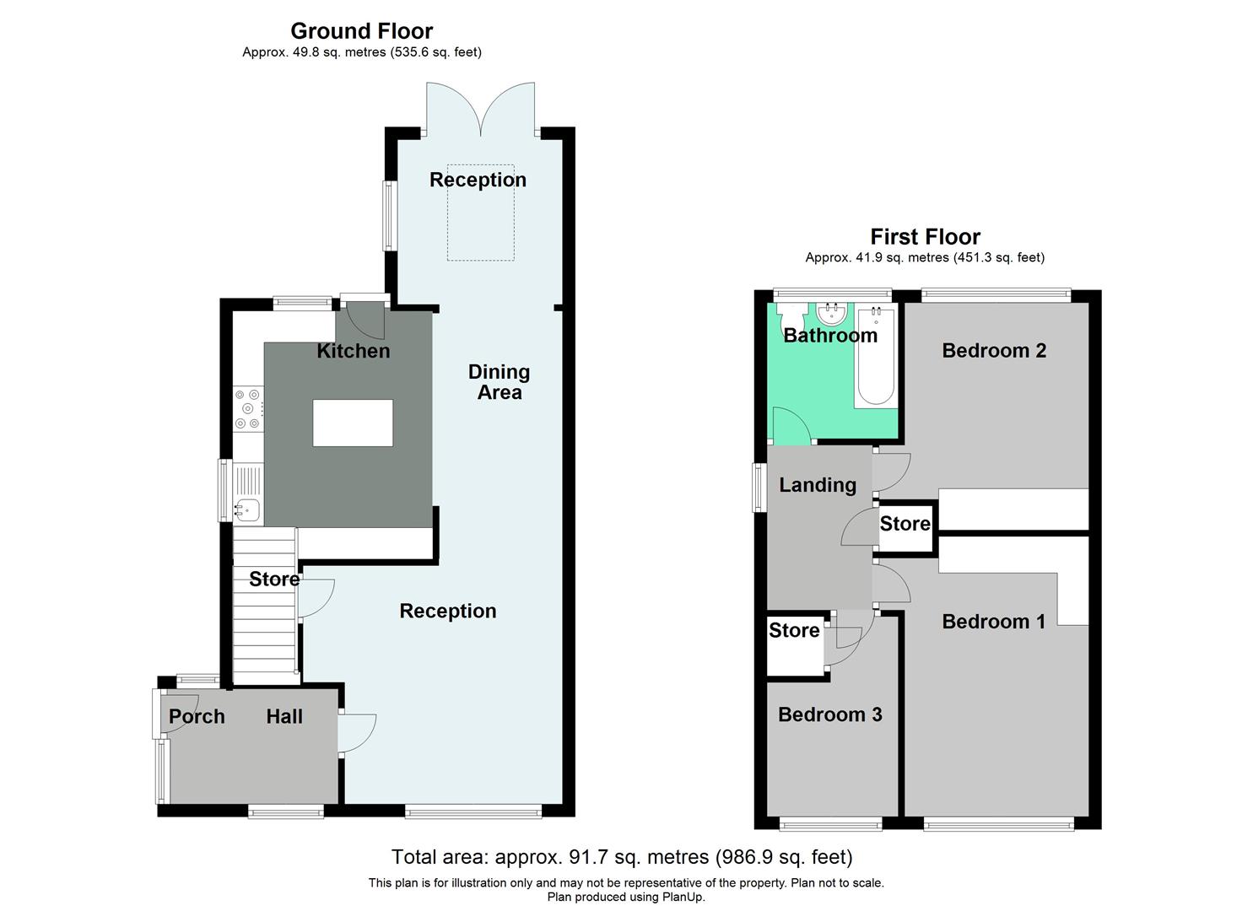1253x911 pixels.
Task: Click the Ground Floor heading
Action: [361, 31]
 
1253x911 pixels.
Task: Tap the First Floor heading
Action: [925, 237]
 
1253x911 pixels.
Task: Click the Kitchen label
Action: [353, 351]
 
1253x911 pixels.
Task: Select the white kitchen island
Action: [353, 423]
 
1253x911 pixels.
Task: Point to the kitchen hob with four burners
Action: [248, 408]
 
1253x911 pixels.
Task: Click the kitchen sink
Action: [247, 509]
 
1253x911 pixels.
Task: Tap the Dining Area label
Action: [499, 382]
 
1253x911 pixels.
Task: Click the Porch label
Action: [197, 717]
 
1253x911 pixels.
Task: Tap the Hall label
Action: [284, 717]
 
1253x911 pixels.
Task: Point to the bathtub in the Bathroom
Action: [875, 358]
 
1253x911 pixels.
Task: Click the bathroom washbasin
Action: [831, 314]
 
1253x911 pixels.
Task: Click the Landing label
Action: [817, 485]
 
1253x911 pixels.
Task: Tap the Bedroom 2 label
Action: [994, 351]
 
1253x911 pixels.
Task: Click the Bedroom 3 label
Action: [829, 715]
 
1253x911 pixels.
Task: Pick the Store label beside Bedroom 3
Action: [793, 631]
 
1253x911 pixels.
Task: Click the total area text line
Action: [622, 858]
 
